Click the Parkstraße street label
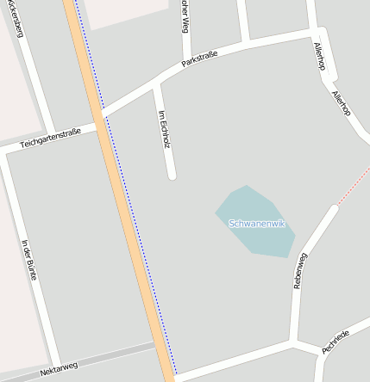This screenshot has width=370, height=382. [199, 59]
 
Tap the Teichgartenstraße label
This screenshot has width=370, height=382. [50, 138]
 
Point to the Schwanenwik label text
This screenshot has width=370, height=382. [257, 224]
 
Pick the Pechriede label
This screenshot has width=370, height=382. [336, 342]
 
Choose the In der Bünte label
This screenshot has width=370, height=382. [31, 258]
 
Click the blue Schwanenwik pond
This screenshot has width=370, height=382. [250, 241]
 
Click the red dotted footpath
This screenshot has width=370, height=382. [352, 191]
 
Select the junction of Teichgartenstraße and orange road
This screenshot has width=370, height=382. [98, 120]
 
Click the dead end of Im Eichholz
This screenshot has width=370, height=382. [172, 176]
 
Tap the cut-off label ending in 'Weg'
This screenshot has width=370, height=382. [185, 15]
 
